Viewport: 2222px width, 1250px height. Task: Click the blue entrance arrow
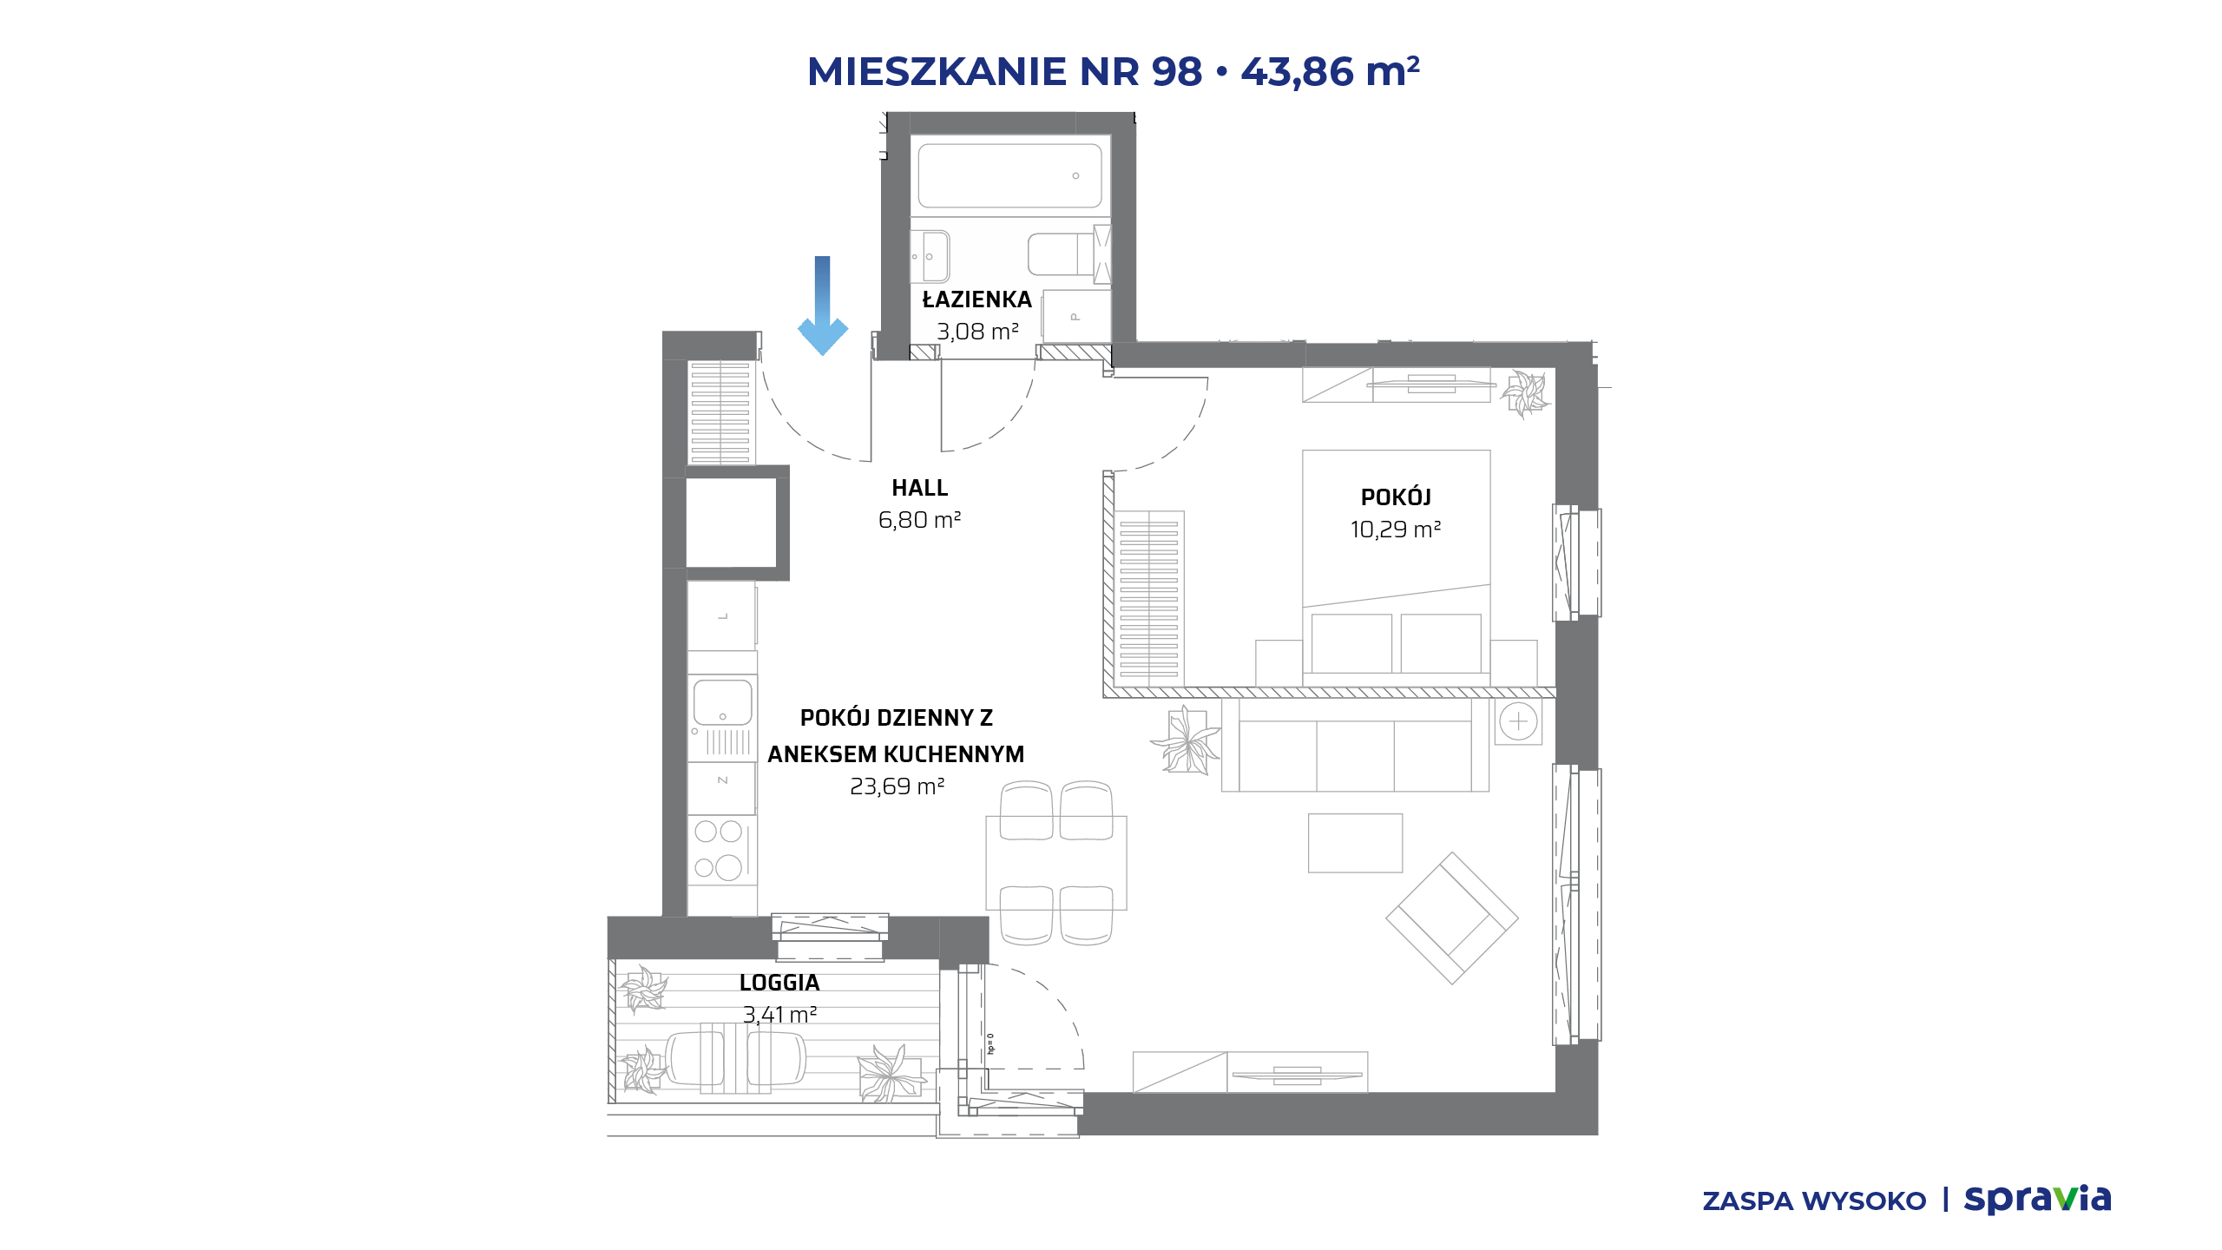pyautogui.click(x=822, y=306)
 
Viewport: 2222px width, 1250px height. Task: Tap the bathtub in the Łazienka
pyautogui.click(x=1009, y=175)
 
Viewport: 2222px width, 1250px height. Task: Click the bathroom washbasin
pyautogui.click(x=930, y=256)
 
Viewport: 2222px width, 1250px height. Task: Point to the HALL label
pyautogui.click(x=920, y=488)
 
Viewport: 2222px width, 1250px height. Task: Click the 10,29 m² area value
pyautogui.click(x=1396, y=530)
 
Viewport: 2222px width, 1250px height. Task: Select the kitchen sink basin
pyautogui.click(x=722, y=702)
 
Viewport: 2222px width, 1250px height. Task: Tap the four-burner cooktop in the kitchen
pyautogui.click(x=720, y=850)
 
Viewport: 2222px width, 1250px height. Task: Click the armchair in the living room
pyautogui.click(x=1452, y=918)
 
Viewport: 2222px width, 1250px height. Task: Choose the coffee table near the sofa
pyautogui.click(x=1355, y=843)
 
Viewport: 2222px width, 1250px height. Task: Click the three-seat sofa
pyautogui.click(x=1355, y=745)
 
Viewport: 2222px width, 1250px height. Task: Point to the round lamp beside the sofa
pyautogui.click(x=1518, y=721)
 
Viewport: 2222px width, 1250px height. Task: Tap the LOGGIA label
pyautogui.click(x=779, y=983)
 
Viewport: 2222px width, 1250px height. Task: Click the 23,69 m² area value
pyautogui.click(x=897, y=786)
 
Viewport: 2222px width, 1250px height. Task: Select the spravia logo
pyautogui.click(x=2037, y=1199)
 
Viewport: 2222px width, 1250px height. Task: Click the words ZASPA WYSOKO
pyautogui.click(x=1814, y=1201)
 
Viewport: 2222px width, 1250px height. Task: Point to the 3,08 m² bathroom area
pyautogui.click(x=977, y=332)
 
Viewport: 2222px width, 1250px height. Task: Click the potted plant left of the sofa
pyautogui.click(x=1186, y=741)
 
